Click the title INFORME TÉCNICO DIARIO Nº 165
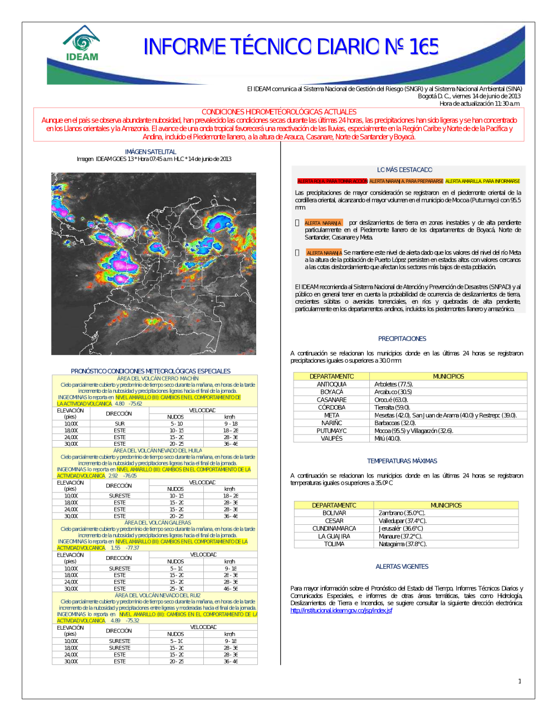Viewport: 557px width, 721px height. pyautogui.click(x=291, y=47)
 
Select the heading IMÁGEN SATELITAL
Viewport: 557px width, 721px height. pyautogui.click(x=150, y=152)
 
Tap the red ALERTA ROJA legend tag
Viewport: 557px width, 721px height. pyautogui.click(x=333, y=181)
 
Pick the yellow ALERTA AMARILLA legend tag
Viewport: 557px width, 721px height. pyautogui.click(x=482, y=181)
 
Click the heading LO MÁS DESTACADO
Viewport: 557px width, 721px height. pyautogui.click(x=404, y=170)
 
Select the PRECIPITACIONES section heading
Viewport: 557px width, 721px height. pyautogui.click(x=402, y=339)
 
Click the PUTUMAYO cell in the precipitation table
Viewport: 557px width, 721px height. pyautogui.click(x=331, y=431)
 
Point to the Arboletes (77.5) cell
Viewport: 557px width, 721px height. pyautogui.click(x=393, y=384)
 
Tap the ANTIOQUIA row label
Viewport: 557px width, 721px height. pyautogui.click(x=331, y=384)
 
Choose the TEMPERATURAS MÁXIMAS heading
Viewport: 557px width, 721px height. pyautogui.click(x=402, y=461)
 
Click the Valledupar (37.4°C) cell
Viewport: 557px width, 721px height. pyautogui.click(x=402, y=521)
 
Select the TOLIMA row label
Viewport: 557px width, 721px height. pyautogui.click(x=334, y=544)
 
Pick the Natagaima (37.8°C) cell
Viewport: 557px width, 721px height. pyautogui.click(x=403, y=544)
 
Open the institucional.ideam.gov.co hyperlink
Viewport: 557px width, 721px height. pyautogui.click(x=341, y=611)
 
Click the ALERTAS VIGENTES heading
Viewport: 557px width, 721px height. pyautogui.click(x=402, y=567)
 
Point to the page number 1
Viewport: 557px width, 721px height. pyautogui.click(x=520, y=681)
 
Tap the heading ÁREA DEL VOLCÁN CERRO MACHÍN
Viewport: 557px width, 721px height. pyautogui.click(x=158, y=378)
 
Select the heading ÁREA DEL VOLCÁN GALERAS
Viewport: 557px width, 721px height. pyautogui.click(x=158, y=523)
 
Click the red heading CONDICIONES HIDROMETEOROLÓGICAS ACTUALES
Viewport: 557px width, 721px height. pyautogui.click(x=278, y=112)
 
